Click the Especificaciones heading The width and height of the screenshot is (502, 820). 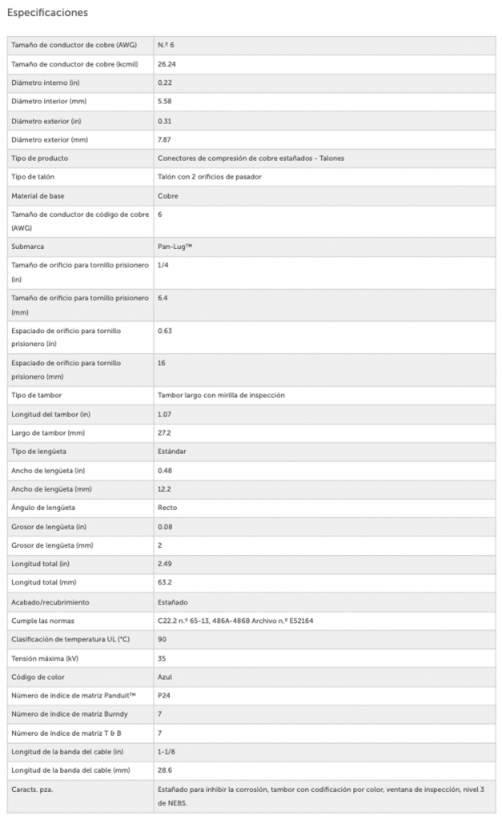coord(47,13)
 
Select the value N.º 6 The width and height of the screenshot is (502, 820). coord(166,45)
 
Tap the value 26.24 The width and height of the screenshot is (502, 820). coord(167,64)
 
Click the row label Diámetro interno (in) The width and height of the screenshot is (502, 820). coord(46,82)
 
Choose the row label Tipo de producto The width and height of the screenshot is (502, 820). coord(38,159)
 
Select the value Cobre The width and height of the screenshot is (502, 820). coord(168,195)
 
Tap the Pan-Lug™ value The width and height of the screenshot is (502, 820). coord(175,247)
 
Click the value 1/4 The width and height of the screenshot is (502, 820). coord(163,265)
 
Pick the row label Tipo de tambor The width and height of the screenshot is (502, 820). coord(37,396)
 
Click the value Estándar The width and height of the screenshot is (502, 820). coord(172,452)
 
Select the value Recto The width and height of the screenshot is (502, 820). coord(168,508)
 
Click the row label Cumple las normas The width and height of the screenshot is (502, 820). coord(43,620)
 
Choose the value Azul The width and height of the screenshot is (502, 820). coord(166,676)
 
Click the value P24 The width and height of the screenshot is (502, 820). coord(164,695)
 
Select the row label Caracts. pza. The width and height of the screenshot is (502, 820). coord(33,789)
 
